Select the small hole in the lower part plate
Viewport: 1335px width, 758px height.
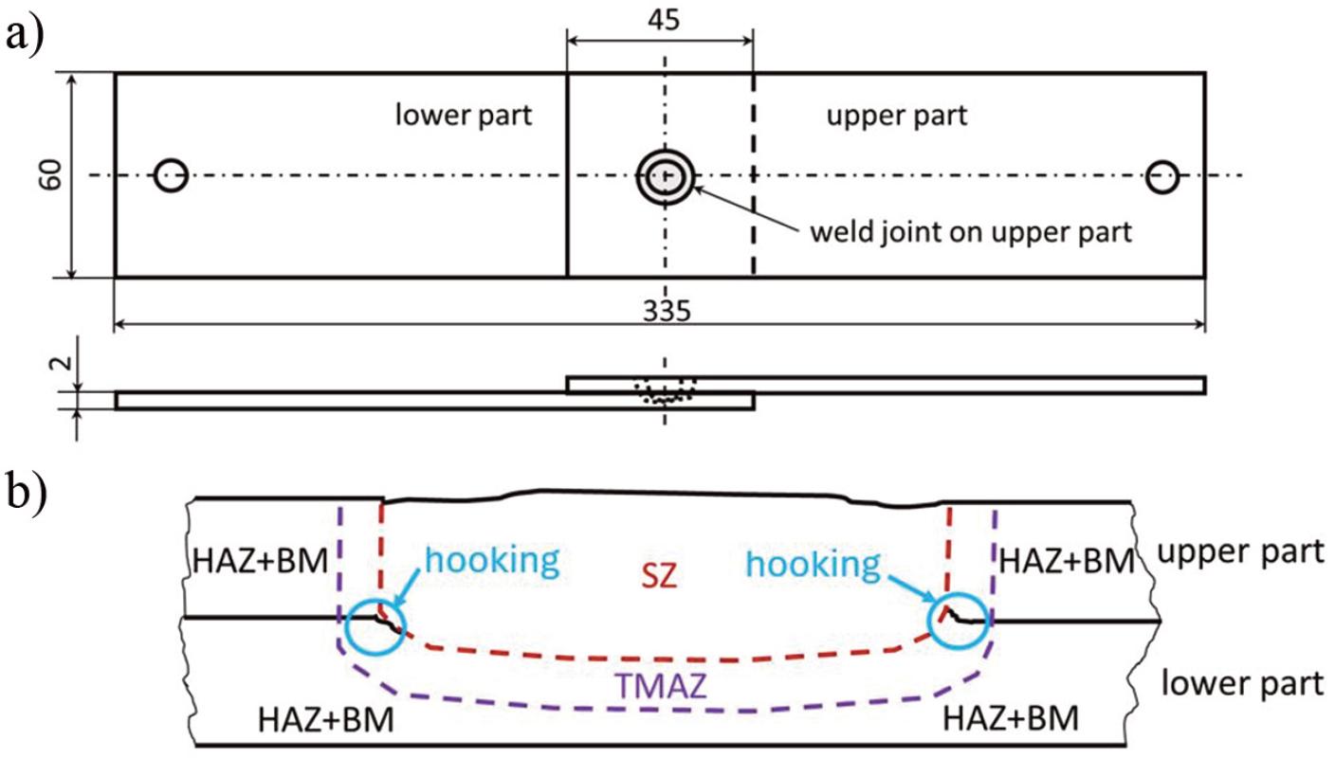(172, 175)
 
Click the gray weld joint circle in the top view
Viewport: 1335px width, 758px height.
(666, 177)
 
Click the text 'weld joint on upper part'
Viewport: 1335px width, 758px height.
(970, 232)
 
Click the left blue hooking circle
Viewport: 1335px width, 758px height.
(375, 626)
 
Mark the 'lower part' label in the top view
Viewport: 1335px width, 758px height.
(464, 116)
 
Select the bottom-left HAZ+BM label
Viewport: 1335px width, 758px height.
(325, 723)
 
